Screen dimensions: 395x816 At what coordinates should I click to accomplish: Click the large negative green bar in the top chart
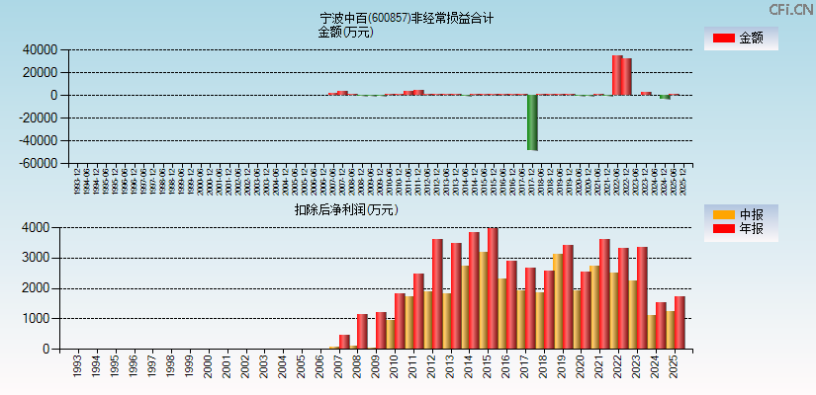coord(532,122)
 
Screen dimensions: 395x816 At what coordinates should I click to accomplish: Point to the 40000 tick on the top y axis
coord(40,49)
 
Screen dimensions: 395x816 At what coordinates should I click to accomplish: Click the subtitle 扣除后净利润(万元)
coord(345,209)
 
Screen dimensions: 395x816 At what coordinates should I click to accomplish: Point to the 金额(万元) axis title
coord(345,32)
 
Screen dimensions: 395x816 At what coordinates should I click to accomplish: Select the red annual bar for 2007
coord(344,342)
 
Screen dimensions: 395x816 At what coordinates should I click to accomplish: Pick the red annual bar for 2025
coord(680,323)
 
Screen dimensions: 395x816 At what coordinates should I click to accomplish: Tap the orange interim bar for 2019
coord(559,301)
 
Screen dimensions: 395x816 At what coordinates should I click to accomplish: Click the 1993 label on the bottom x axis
coord(77,367)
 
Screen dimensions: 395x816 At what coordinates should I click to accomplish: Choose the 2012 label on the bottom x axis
coord(432,367)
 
